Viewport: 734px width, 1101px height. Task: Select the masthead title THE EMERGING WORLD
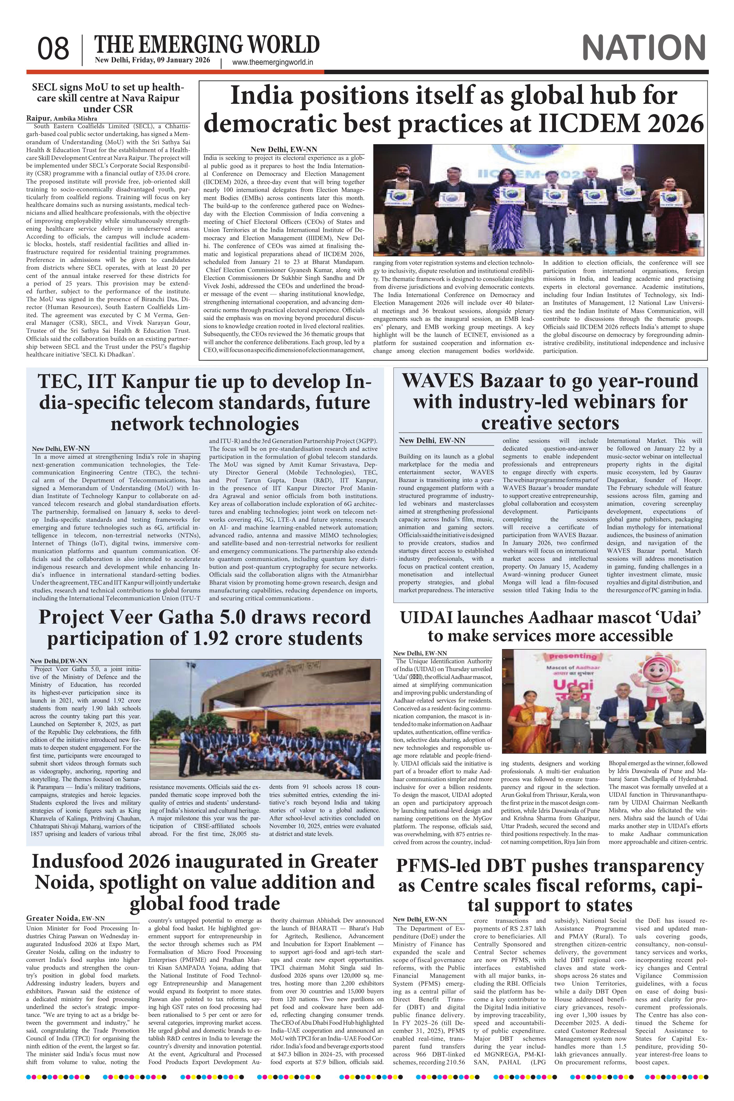click(207, 45)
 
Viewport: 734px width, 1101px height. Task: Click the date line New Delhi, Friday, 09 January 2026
click(152, 60)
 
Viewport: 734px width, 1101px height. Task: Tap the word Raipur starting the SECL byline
click(38, 118)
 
